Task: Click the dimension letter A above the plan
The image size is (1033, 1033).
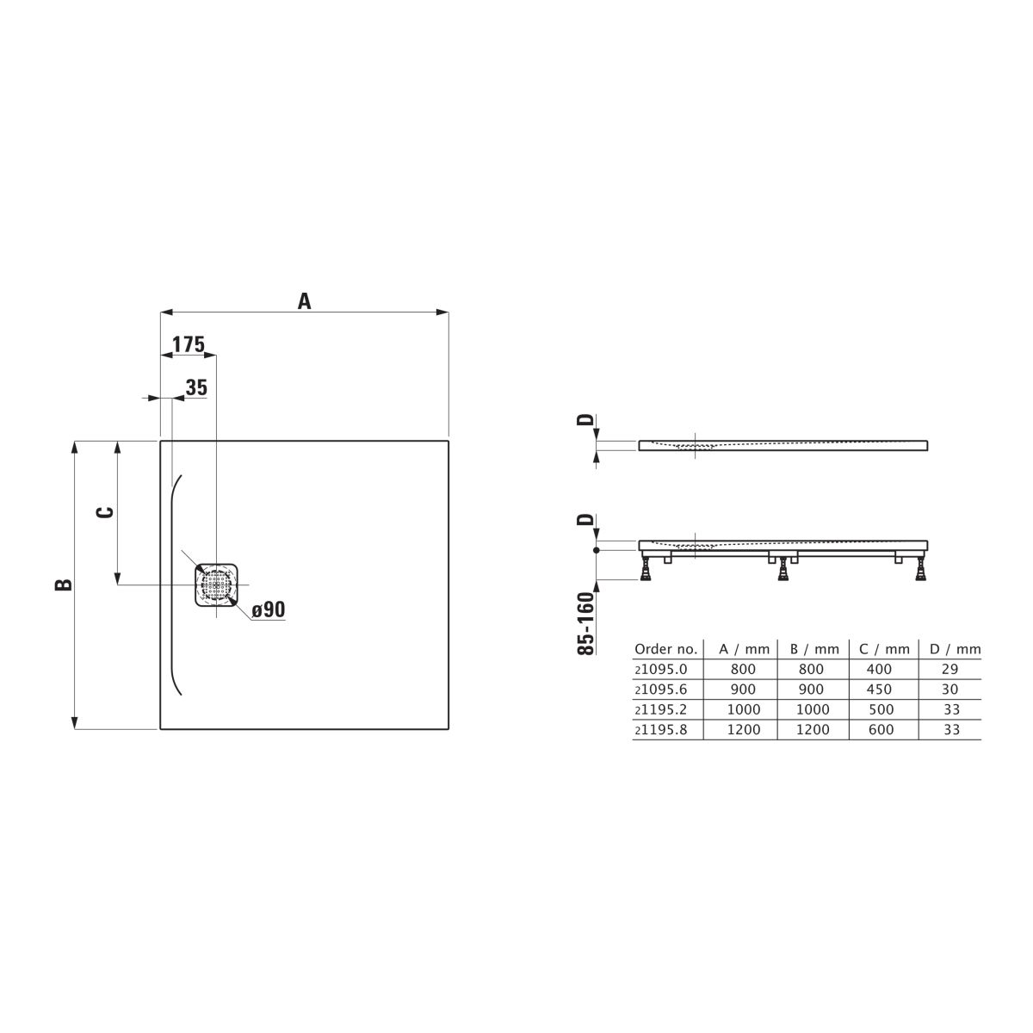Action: click(x=304, y=301)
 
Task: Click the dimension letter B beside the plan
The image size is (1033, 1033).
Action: click(x=64, y=585)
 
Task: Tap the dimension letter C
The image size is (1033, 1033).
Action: click(x=105, y=512)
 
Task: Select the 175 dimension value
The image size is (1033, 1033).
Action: click(x=189, y=344)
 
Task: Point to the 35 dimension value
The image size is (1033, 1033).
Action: click(x=196, y=387)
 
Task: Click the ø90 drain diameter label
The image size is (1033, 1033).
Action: click(x=268, y=609)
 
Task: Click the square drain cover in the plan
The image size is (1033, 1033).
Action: click(x=216, y=585)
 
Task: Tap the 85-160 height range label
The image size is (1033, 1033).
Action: click(x=586, y=623)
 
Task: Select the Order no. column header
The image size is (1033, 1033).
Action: click(x=665, y=649)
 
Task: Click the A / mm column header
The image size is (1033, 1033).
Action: click(x=744, y=649)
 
